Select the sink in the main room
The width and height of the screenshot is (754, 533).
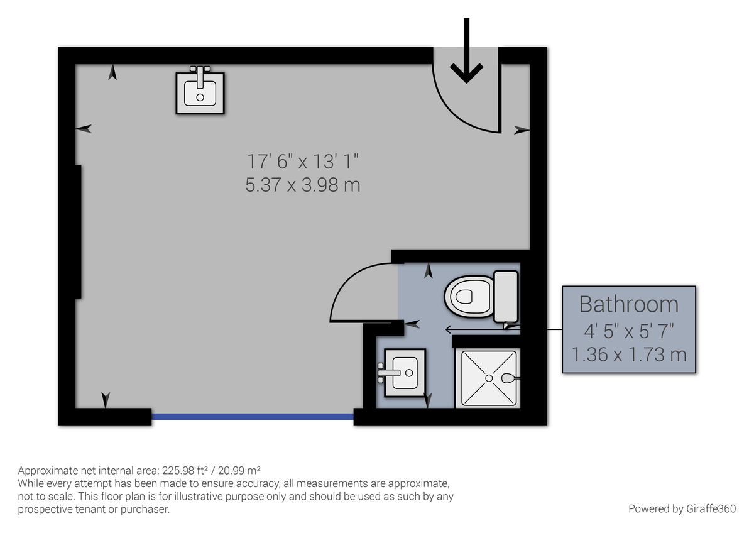click(x=200, y=93)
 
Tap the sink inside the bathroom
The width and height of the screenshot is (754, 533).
click(x=404, y=372)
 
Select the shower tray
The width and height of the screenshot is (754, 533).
click(x=490, y=378)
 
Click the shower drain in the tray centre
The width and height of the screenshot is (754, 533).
click(x=488, y=378)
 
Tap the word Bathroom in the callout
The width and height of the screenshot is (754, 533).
click(x=628, y=304)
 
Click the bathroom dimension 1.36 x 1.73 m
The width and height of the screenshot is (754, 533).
click(x=628, y=354)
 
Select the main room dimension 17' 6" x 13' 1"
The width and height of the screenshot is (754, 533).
click(x=303, y=162)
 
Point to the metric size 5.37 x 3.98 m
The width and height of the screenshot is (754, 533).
click(x=303, y=185)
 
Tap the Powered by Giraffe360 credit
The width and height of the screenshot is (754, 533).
click(x=682, y=508)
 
